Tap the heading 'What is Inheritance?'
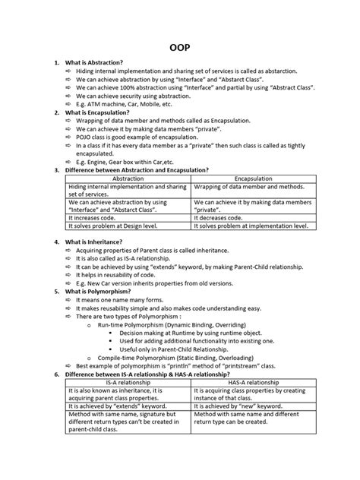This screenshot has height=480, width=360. pyautogui.click(x=102, y=241)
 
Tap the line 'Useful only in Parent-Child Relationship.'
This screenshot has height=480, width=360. pyautogui.click(x=175, y=349)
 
